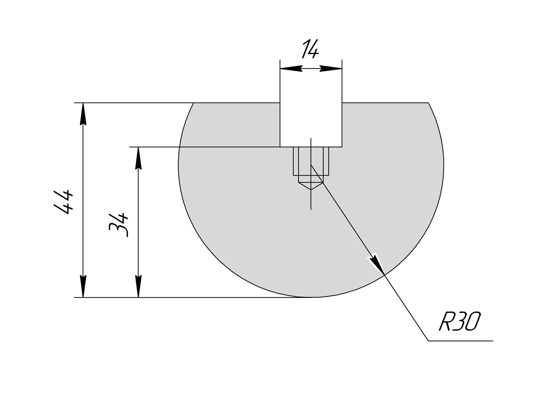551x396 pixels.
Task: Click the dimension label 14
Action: [310, 49]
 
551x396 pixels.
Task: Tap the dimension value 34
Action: [118, 225]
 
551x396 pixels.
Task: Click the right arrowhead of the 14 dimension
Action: [331, 69]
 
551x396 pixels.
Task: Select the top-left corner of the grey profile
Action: [194, 103]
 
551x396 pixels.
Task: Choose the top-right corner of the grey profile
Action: [428, 103]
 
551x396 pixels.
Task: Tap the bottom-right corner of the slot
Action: [342, 147]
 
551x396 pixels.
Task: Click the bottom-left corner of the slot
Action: [280, 147]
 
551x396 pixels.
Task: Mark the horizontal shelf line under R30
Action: [460, 341]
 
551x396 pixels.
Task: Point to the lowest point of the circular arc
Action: [311, 297]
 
